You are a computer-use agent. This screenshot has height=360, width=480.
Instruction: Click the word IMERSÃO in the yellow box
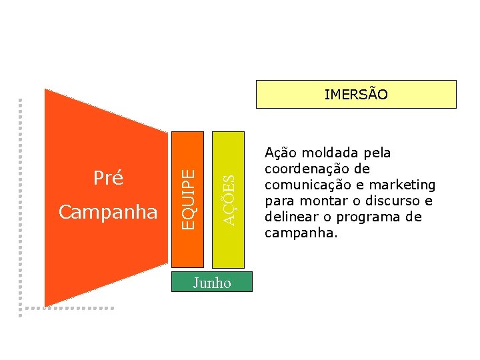356,95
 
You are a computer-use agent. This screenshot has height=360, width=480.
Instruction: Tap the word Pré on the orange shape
108,179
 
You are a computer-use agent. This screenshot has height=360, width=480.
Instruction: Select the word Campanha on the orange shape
108,212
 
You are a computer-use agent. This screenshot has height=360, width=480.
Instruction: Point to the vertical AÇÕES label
229,199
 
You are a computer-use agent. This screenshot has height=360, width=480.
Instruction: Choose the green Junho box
212,283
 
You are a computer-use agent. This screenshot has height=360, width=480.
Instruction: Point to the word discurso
391,201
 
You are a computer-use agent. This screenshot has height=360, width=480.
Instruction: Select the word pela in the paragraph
378,153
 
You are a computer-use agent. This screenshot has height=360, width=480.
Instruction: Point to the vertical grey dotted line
21,200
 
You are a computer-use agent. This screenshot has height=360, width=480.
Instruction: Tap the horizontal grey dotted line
67,308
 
